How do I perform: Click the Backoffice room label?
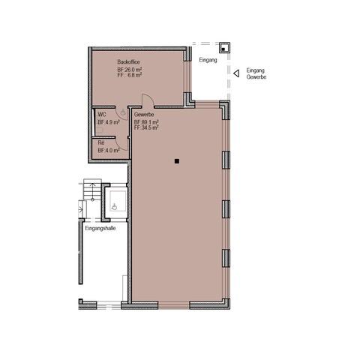pyautogui.click(x=128, y=61)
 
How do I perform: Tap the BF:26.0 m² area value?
pyautogui.click(x=130, y=70)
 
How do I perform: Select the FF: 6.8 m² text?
pyautogui.click(x=130, y=75)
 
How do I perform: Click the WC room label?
pyautogui.click(x=102, y=115)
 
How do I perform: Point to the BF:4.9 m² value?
pyautogui.click(x=109, y=122)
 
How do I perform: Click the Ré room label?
pyautogui.click(x=101, y=142)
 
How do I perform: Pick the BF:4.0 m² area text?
pyautogui.click(x=109, y=150)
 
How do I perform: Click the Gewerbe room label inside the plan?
pyautogui.click(x=144, y=115)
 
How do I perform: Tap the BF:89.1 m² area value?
pyautogui.click(x=146, y=122)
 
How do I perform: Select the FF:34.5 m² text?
pyautogui.click(x=146, y=127)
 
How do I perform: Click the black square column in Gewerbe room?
pyautogui.click(x=177, y=161)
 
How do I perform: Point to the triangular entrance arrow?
pyautogui.click(x=236, y=73)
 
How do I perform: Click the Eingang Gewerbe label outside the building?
pyautogui.click(x=256, y=73)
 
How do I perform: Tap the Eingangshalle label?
pyautogui.click(x=100, y=228)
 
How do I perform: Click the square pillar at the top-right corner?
pyautogui.click(x=224, y=48)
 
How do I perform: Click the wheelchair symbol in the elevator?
pyautogui.click(x=115, y=207)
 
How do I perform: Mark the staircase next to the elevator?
pyautogui.click(x=92, y=189)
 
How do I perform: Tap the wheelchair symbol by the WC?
pyautogui.click(x=123, y=112)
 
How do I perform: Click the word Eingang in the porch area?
pyautogui.click(x=208, y=60)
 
